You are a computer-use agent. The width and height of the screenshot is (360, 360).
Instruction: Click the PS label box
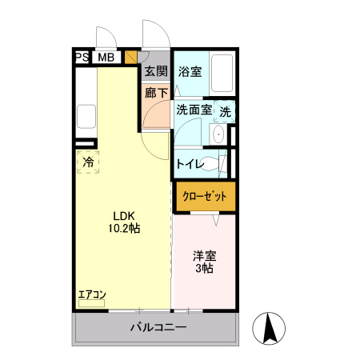click(81, 57)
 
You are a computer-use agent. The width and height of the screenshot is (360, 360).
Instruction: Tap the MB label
click(105, 57)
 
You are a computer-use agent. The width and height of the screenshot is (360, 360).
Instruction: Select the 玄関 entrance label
click(156, 72)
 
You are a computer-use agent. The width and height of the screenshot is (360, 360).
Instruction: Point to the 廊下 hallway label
click(156, 92)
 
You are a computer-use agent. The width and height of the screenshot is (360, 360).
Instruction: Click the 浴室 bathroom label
click(190, 72)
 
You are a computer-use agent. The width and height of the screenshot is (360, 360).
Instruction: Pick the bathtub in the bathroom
click(222, 74)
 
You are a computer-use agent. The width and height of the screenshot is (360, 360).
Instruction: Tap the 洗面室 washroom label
click(194, 111)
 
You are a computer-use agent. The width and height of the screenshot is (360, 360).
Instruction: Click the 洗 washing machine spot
click(226, 111)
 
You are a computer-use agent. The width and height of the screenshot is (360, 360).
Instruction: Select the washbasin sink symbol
click(218, 135)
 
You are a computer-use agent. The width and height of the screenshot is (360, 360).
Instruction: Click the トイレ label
click(190, 164)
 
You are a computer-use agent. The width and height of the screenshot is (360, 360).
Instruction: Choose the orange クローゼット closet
click(205, 196)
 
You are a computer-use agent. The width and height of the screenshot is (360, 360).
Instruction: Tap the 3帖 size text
click(203, 269)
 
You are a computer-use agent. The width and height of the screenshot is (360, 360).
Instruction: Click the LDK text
click(122, 216)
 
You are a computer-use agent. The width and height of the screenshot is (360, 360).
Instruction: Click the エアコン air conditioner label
click(91, 295)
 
